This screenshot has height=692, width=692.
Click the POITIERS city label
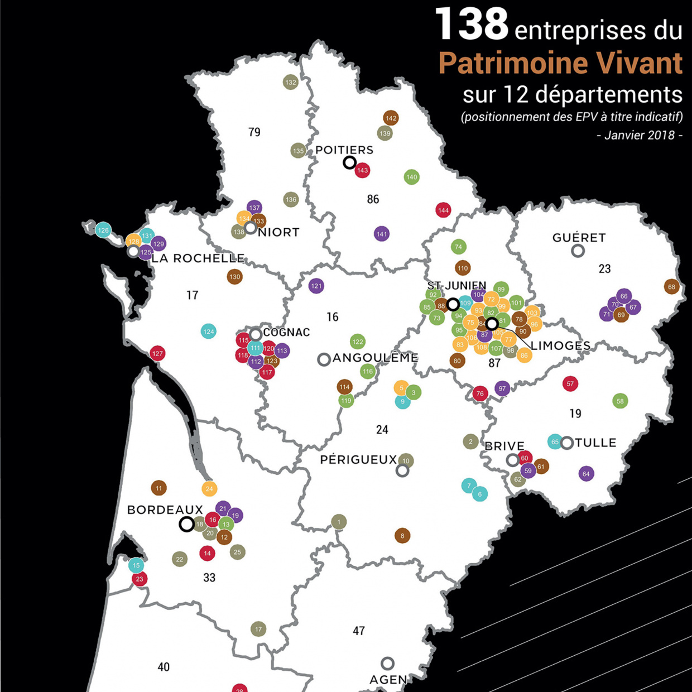pos(344,150)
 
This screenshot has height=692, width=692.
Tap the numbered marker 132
pos(291,83)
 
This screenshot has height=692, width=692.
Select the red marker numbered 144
pos(443,210)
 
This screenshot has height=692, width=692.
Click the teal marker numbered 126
pos(103,230)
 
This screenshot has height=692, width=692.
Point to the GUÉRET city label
pos(579,238)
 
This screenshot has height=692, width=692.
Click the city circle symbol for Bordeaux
pos(187,525)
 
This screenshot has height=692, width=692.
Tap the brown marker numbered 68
pos(671,287)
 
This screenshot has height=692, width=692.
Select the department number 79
pos(254,132)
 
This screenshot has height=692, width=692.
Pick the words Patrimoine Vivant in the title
pos(560,63)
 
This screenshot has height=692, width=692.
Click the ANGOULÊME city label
pos(376,358)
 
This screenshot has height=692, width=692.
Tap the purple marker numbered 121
pos(316,286)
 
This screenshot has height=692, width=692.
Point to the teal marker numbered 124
pos(209,331)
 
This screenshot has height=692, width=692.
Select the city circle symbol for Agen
pos(387,664)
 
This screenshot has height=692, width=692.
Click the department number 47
pos(359,631)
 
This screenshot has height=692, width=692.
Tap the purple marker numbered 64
pos(586,474)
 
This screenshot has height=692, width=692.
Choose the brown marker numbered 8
pos(402,536)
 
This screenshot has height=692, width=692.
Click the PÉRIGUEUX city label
pos(358,460)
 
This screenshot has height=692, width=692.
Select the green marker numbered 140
pos(412,177)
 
